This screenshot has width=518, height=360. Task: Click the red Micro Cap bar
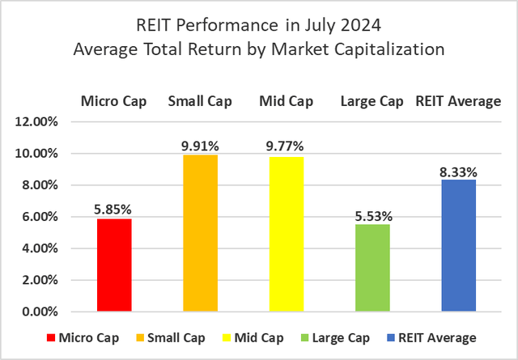(x=113, y=265)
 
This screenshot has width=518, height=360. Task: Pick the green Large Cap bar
(x=372, y=268)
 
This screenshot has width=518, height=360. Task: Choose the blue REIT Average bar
(x=458, y=246)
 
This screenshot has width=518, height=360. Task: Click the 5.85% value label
(x=113, y=210)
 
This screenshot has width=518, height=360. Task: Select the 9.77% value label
(x=286, y=147)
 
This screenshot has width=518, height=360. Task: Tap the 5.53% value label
(x=372, y=215)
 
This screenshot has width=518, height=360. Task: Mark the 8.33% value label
(x=458, y=171)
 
